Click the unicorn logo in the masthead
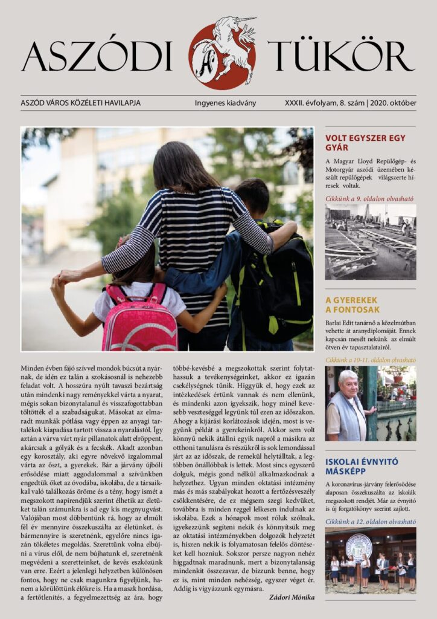[222, 53]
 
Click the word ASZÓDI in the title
[97, 57]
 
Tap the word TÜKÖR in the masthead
[341, 57]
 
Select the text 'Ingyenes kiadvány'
[225, 103]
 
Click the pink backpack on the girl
[140, 317]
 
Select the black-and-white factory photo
[370, 241]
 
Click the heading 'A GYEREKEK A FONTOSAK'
[352, 305]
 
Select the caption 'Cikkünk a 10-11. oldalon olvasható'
[370, 359]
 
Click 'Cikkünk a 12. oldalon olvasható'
[370, 520]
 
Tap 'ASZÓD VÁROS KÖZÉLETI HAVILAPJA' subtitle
[80, 103]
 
